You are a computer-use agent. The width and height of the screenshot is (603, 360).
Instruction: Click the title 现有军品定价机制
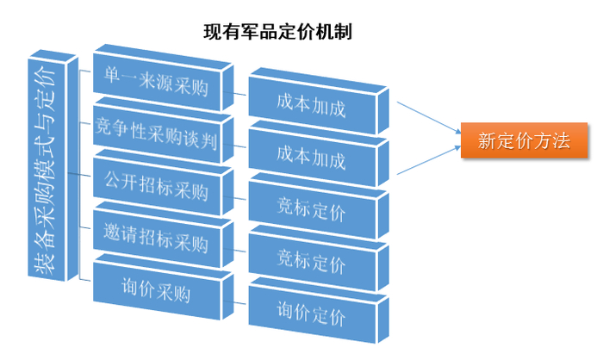(277, 32)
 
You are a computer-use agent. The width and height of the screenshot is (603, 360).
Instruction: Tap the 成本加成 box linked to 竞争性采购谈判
(311, 159)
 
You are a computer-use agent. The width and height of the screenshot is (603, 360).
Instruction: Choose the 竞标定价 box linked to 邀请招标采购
(311, 262)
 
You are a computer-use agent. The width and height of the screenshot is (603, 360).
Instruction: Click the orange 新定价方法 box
(524, 140)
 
